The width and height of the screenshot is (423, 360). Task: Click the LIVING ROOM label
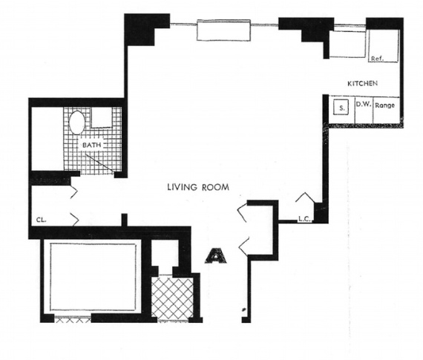pos(198,187)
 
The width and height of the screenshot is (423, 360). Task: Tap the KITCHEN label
pos(362,83)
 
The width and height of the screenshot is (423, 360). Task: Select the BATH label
pos(92,145)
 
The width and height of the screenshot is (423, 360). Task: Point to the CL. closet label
pos(42,220)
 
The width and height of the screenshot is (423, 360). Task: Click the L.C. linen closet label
pos(304,218)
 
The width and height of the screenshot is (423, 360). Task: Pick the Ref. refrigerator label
pos(378,59)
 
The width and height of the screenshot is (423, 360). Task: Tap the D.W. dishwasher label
pos(364,104)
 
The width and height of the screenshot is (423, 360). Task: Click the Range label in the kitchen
pos(385,105)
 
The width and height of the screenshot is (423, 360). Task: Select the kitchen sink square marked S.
pos(341,108)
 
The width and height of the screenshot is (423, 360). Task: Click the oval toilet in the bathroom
pos(77,122)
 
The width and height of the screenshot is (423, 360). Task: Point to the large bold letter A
pos(215,255)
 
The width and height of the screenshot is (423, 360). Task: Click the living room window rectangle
pos(223,30)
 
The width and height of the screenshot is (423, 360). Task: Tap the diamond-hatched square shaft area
pos(172,297)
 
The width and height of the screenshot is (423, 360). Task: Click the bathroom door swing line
pos(99,163)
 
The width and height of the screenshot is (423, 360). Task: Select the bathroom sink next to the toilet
pos(102,117)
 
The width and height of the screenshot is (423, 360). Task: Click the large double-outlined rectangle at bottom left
pos(93,277)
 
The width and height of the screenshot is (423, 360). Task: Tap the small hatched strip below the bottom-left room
pos(73,320)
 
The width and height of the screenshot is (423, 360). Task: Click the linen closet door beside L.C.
pos(306,197)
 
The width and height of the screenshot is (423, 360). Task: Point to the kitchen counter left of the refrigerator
pos(347,44)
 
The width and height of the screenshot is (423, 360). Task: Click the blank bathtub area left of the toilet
pos(47,139)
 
